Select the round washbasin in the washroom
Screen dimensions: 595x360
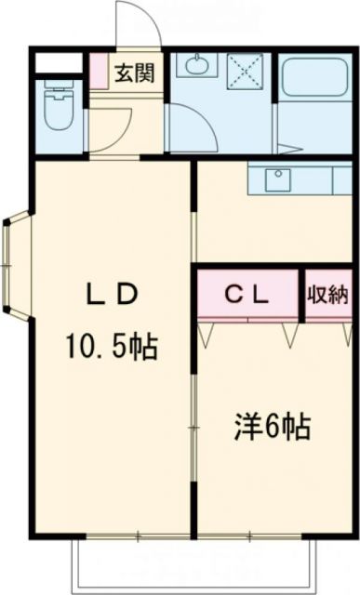pyautogui.click(x=195, y=66)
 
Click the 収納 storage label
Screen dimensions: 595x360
pyautogui.click(x=329, y=296)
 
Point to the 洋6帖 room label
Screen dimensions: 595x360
pyautogui.click(x=271, y=429)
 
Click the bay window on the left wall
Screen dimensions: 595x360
pyautogui.click(x=13, y=266)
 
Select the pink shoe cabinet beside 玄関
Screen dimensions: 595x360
pyautogui.click(x=98, y=71)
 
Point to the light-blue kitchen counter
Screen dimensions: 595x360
pyautogui.click(x=300, y=180)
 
